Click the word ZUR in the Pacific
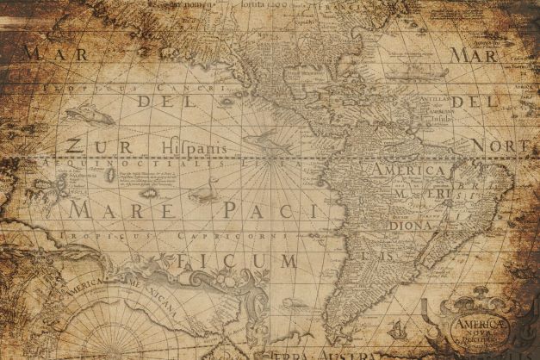(89, 146)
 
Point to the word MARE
(111, 209)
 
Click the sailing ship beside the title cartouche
(398, 329)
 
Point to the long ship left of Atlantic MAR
(413, 75)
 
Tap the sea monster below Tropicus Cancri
(81, 113)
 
